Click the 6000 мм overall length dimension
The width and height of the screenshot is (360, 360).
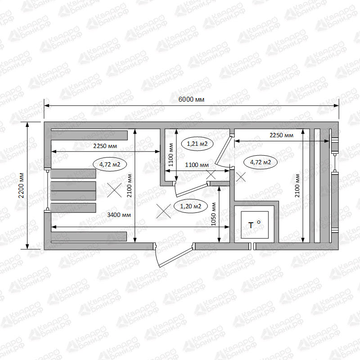[x=191, y=99]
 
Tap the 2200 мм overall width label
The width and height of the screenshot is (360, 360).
[x=21, y=185]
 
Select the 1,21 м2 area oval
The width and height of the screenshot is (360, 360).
[x=197, y=144]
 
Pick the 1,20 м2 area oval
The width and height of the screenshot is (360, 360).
[x=190, y=206]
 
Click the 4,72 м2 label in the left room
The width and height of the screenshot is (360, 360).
[x=110, y=164]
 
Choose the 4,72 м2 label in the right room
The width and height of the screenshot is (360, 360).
[x=261, y=162]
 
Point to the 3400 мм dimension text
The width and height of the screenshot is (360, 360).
[x=119, y=215]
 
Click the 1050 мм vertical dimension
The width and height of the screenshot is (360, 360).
[x=213, y=214]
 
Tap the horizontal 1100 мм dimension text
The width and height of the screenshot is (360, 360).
[x=197, y=165]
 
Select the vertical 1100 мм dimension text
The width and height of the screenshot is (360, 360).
[x=171, y=155]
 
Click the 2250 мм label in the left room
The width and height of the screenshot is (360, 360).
[x=105, y=146]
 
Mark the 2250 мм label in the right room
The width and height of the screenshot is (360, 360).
[x=281, y=135]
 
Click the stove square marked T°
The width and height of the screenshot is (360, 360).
[x=255, y=225]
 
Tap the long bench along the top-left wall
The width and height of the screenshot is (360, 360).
[x=89, y=135]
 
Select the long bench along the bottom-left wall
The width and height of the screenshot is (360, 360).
[x=89, y=237]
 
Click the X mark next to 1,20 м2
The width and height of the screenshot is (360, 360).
[x=163, y=211]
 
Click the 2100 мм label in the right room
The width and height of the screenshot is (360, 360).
[x=297, y=185]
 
